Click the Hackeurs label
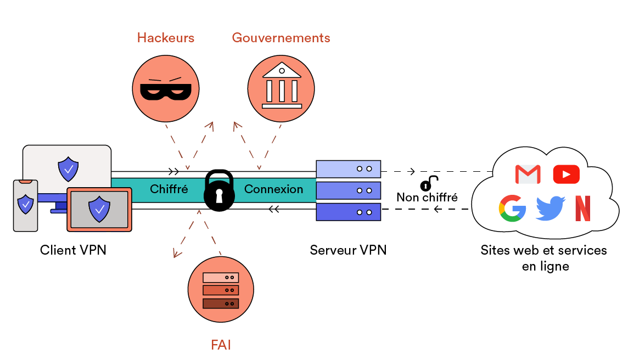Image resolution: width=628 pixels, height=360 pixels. coord(165,38)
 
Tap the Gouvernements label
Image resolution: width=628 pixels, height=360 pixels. coord(281,38)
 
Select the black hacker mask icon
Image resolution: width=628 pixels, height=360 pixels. coord(166,89)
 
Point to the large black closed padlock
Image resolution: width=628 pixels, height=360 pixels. coord(219,190)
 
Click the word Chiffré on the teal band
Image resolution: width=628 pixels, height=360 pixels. coord(169,189)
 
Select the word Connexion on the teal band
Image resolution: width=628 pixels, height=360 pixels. coord(273,189)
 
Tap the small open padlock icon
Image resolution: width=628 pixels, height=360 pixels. coord(428,183)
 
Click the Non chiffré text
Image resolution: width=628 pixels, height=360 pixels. coord(427,197)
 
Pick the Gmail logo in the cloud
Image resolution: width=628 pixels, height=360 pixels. coord(528,174)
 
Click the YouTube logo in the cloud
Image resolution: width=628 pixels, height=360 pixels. coord(566,174)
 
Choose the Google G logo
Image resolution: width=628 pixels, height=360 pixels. coord(512,208)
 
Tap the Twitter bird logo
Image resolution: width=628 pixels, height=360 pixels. coord(550,208)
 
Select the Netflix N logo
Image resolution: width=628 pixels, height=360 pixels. coord(583,208)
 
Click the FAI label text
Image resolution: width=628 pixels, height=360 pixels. coord(221,345)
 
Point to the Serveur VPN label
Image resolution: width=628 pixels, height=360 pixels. coord(348,250)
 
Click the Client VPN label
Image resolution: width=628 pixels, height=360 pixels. coord(73,250)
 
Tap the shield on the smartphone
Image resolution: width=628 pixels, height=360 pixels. coord(26,204)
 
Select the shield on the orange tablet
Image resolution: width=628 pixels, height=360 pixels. coord(99,209)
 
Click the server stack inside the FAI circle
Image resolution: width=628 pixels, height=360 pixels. coord(221,290)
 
